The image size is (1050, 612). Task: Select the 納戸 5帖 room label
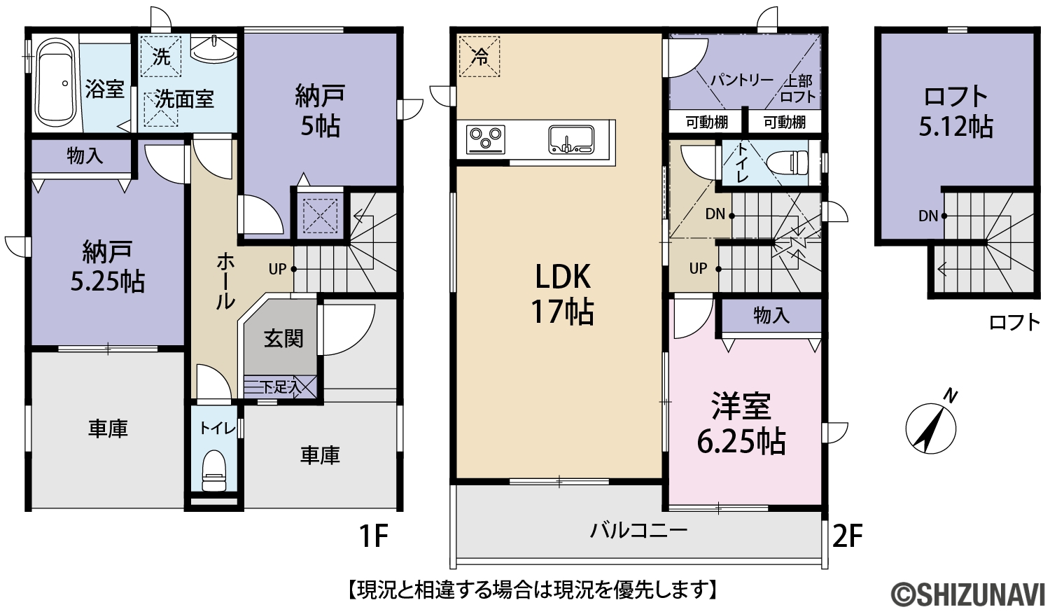pos(320,111)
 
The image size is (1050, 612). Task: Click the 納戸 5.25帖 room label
pos(107,267)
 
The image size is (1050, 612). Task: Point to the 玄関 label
pos(283,338)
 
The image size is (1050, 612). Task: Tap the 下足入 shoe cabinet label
pos(279,387)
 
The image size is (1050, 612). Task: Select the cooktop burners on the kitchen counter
pos(486,139)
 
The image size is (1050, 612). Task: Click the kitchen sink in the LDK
pos(571,139)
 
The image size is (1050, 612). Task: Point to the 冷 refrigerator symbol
pos(479,57)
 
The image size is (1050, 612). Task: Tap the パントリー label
pos(741,81)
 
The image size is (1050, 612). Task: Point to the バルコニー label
pos(638,531)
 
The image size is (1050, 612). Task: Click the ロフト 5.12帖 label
pos(955,111)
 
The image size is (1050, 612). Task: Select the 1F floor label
pos(374,536)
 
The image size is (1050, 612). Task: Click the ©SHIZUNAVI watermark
pos(967,594)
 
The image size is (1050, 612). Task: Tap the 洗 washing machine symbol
pos(161,57)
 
